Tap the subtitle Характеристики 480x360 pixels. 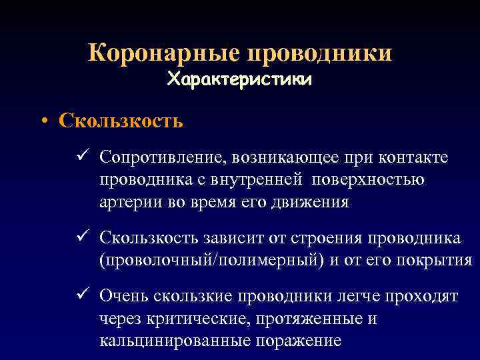[239, 80]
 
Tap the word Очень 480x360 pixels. [123, 295]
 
